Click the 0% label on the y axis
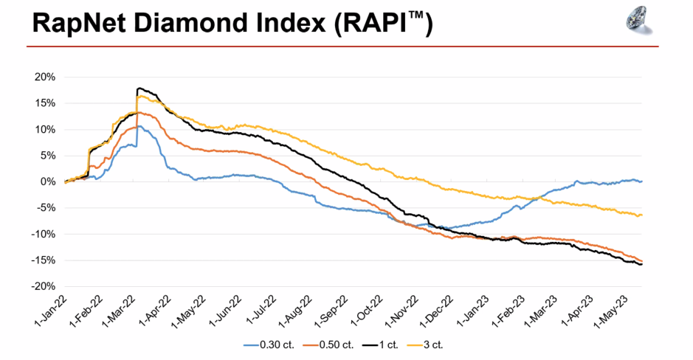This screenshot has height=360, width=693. tap(49, 181)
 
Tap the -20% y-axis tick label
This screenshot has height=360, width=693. tap(44, 286)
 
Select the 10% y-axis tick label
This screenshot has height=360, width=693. tap(46, 129)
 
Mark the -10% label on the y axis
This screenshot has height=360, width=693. tap(44, 234)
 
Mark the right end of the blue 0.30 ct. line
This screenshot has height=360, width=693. tap(641, 181)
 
